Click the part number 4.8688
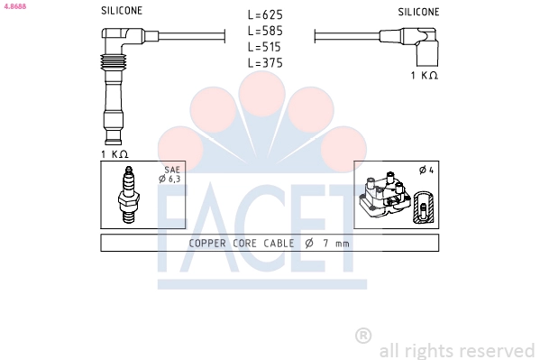pyautogui.click(x=15, y=6)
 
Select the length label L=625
pyautogui.click(x=265, y=14)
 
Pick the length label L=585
pyautogui.click(x=265, y=31)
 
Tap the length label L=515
pyautogui.click(x=264, y=47)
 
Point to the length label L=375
pyautogui.click(x=265, y=63)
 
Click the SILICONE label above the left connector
pyautogui.click(x=122, y=11)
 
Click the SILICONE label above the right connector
pyautogui.click(x=418, y=12)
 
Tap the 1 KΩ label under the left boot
pyautogui.click(x=114, y=154)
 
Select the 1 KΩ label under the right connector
pyautogui.click(x=425, y=75)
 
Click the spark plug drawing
pyautogui.click(x=128, y=195)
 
